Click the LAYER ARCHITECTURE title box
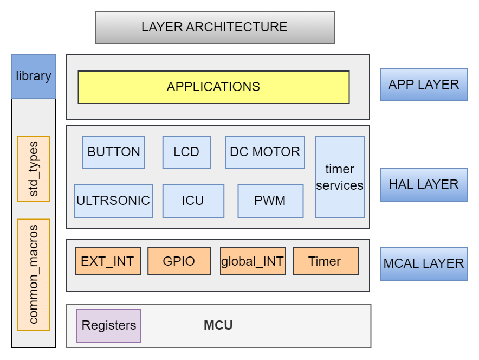coord(215,28)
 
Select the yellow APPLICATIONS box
coord(213,87)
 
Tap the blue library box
coord(34,76)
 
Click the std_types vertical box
coord(34,169)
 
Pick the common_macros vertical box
coord(34,274)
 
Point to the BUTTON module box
coord(113,152)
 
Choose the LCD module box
coord(186,152)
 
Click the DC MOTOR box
coord(265,152)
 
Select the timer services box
coord(340,177)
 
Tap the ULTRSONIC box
coord(113,201)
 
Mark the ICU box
coord(193,201)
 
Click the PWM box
coord(270,201)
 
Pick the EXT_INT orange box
coord(108,261)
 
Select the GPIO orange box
coord(179,261)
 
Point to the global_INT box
coord(253,261)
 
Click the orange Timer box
coord(326,261)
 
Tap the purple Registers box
coord(108,326)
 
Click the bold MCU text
coord(218,326)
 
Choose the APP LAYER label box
coord(423,85)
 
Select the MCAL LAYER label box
coord(423,264)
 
